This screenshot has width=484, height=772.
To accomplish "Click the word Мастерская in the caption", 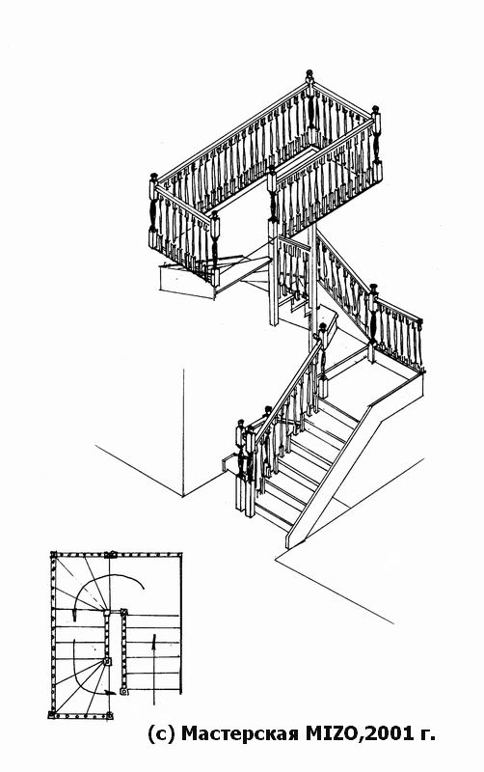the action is pos(240,733).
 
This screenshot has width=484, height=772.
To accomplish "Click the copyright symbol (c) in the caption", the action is pos(161,734).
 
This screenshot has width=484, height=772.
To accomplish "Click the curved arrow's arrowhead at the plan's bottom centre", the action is pos(111,693).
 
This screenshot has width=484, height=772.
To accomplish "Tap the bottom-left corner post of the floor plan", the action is pos(51,714).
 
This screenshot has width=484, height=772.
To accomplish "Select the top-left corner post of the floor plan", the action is pos(53,554).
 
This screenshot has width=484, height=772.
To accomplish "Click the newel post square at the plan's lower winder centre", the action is pos(108,662).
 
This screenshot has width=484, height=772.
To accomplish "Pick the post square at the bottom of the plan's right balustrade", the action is pos(124,691).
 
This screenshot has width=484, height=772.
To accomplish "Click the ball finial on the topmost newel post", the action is pos(309,74).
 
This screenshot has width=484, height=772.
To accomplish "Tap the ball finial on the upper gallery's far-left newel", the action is pos(153,176).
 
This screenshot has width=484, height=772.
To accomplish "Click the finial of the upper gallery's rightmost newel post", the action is pos(375,109).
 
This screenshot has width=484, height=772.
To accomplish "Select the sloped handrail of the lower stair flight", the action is pos(288,390).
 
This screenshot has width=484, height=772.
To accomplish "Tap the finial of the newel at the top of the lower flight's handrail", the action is pos(323,327).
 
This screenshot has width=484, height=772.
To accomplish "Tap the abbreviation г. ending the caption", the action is pos(426,735).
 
